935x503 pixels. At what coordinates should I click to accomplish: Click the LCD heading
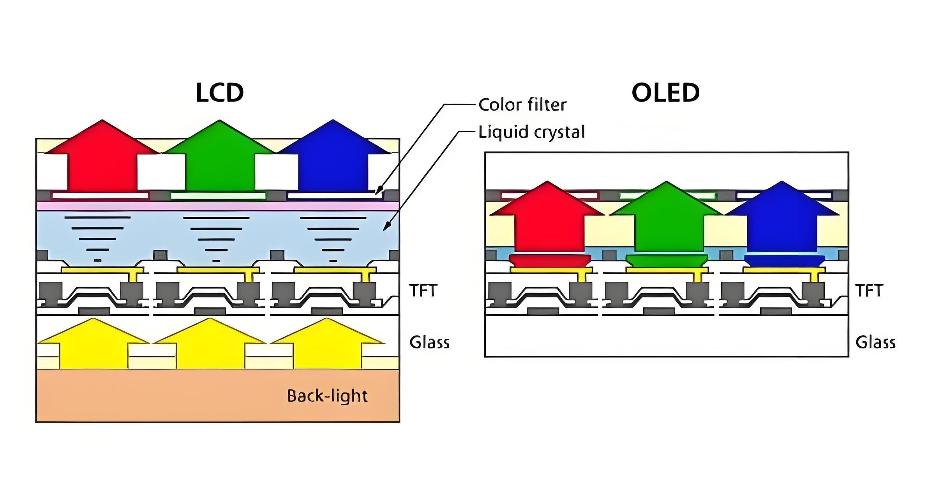coord(220,93)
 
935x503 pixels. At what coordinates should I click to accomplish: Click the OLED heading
coord(665,93)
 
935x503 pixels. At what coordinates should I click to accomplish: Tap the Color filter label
coord(522,105)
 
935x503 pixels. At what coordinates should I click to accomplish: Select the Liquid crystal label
coord(531,132)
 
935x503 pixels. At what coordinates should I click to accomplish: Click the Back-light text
coord(327,396)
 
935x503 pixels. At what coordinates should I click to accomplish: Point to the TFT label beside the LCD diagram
coord(423,290)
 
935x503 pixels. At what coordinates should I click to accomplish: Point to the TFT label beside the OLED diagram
coord(869,290)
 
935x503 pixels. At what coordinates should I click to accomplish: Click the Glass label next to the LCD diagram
coord(429,342)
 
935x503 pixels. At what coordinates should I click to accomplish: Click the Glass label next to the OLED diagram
coord(875,342)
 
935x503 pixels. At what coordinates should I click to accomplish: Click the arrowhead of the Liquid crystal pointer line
coord(386,227)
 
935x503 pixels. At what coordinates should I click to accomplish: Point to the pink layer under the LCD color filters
coord(218,205)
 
